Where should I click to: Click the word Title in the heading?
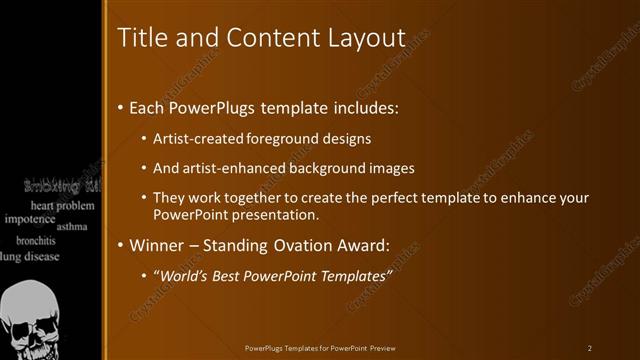coord(141,38)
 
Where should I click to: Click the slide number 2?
coord(589,347)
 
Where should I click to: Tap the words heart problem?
coord(62,205)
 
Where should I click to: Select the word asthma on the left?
coord(72,227)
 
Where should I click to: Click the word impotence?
coord(30,218)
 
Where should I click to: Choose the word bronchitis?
coord(35,241)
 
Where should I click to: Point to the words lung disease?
coord(30,256)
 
